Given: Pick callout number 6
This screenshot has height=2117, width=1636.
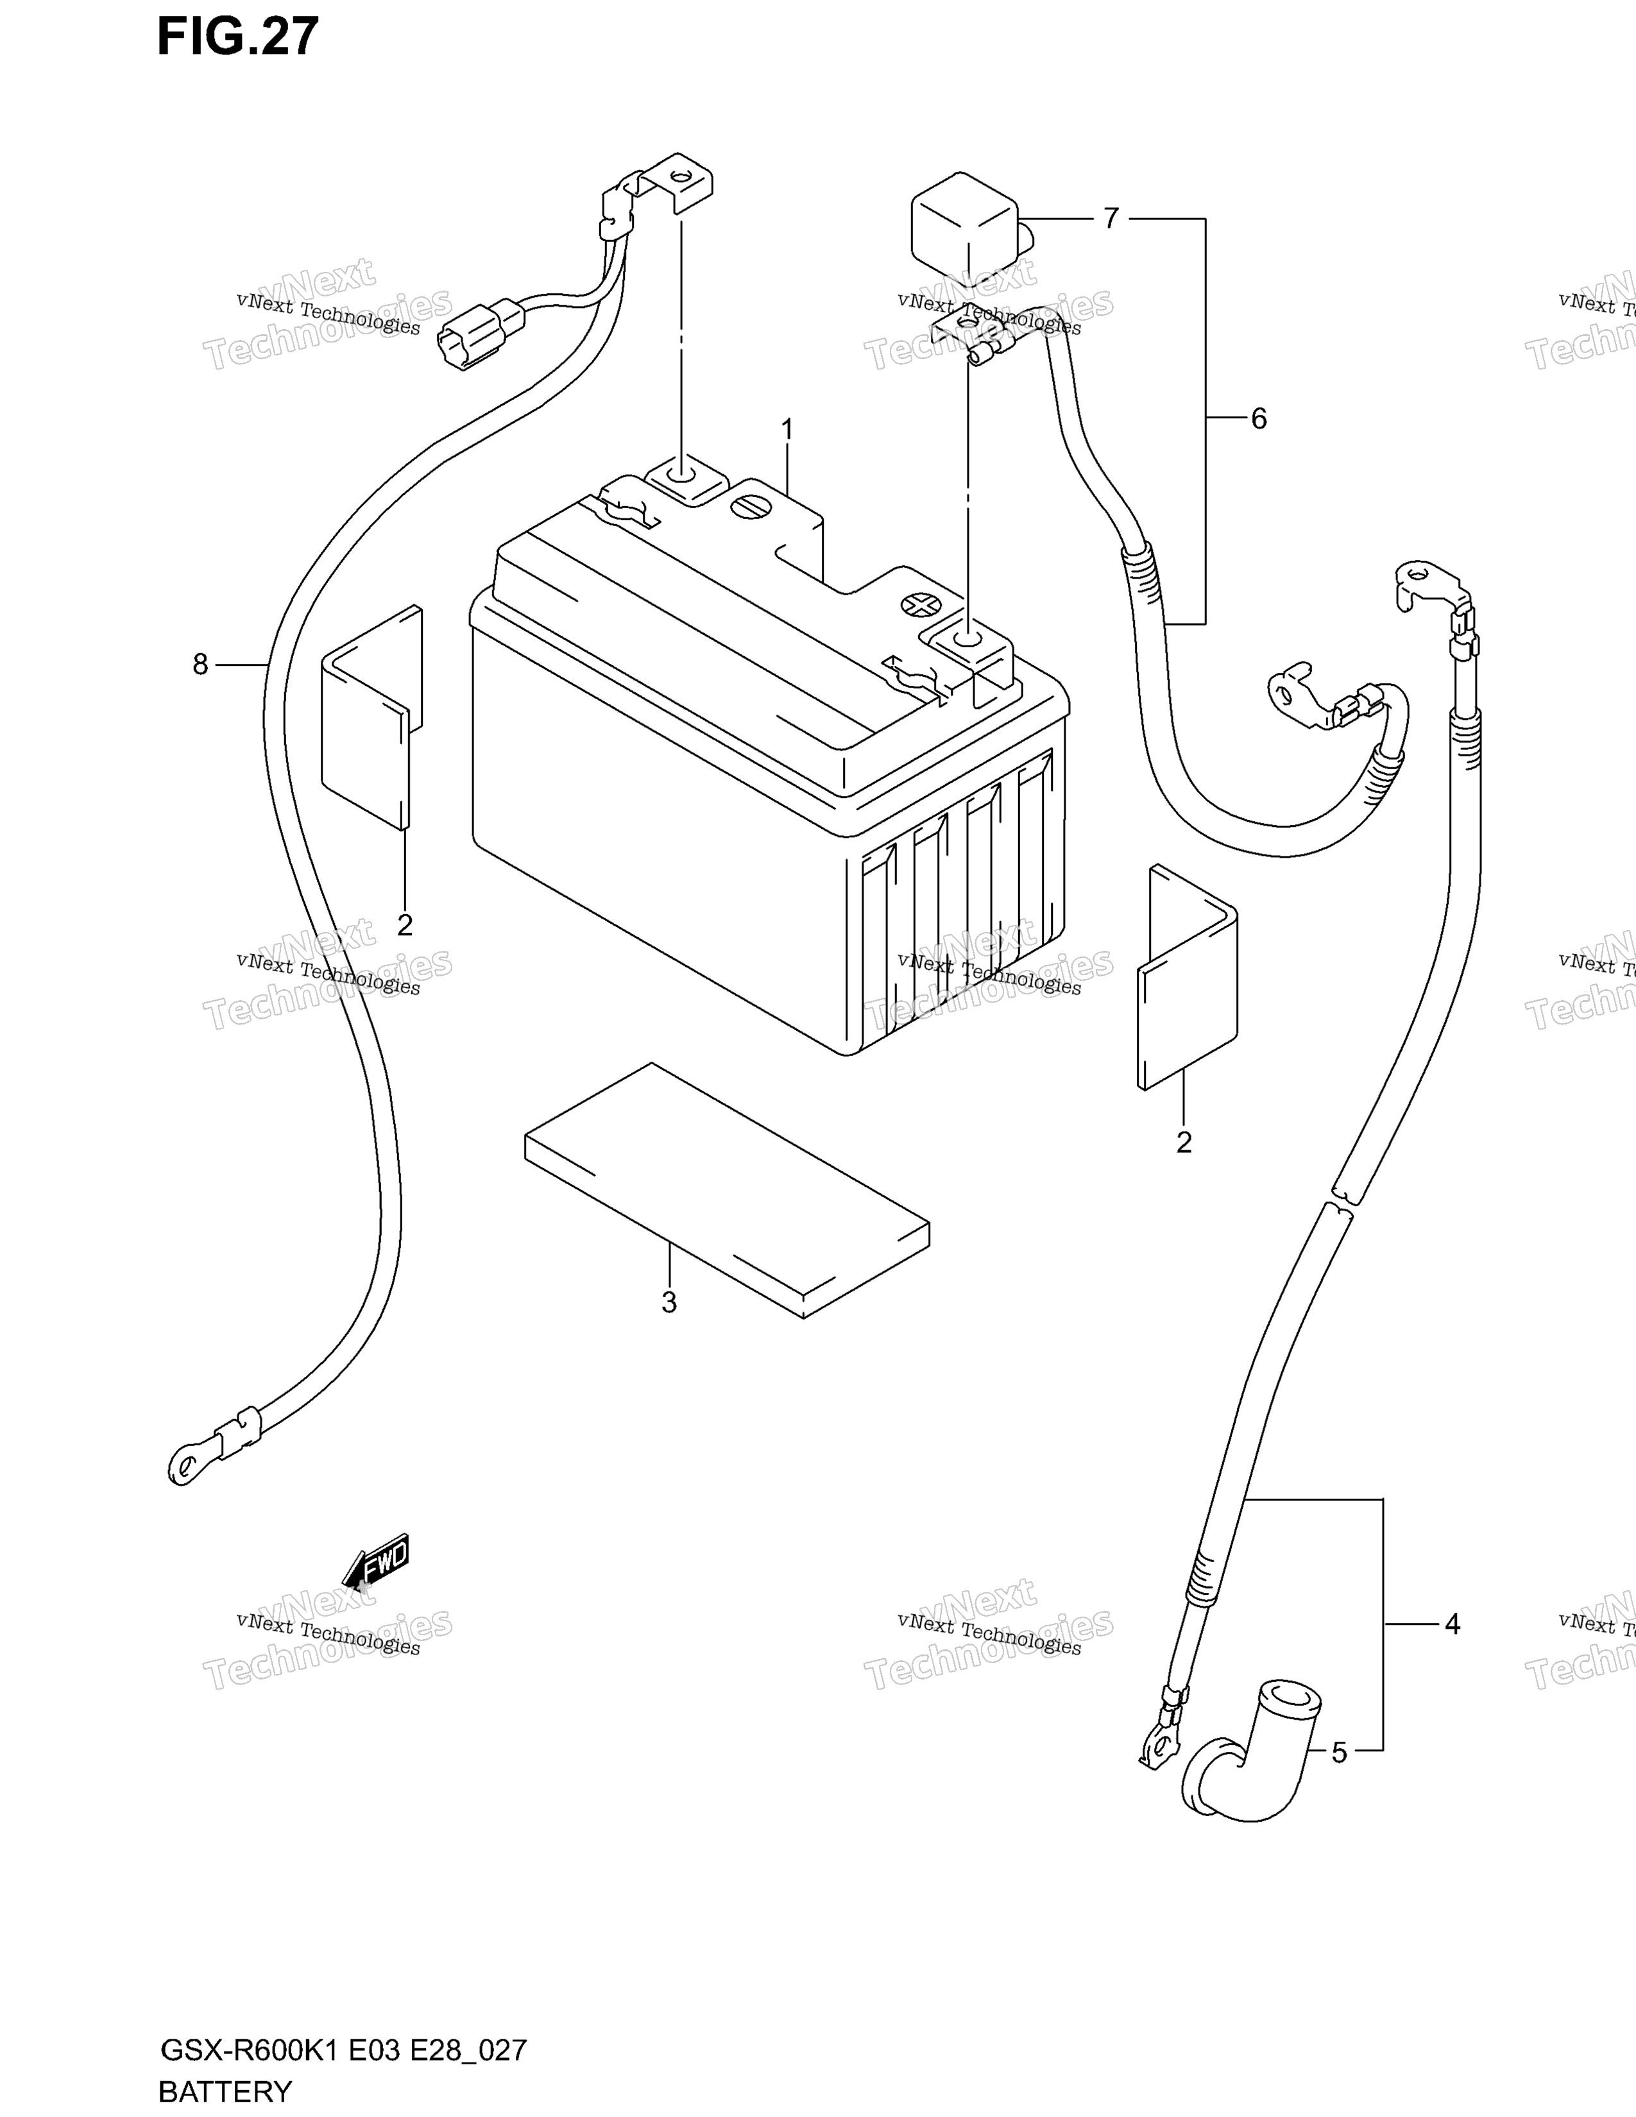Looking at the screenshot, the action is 1258,419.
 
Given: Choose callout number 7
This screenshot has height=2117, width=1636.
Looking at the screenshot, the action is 1111,218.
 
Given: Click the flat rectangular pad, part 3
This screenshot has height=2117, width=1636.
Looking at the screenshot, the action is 727,1190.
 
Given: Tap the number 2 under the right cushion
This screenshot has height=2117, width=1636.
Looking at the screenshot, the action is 1184,1142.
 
